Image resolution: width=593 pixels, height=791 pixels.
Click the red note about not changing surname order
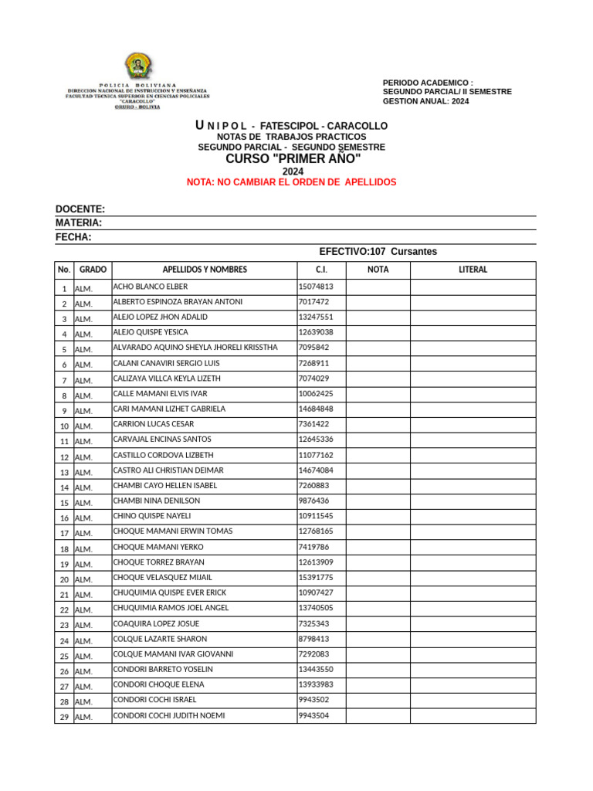pos(291,182)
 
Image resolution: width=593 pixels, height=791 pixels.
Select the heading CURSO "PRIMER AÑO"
pos(293,159)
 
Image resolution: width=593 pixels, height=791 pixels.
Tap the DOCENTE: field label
pos(80,209)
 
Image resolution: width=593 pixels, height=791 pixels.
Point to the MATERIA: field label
pos(79,223)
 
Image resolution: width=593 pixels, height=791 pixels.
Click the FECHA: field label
pos(73,237)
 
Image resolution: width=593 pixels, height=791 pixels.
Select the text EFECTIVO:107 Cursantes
pos(378,252)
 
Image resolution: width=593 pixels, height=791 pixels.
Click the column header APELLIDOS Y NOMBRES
pos(205,270)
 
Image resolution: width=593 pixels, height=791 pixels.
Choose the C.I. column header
pos(321,270)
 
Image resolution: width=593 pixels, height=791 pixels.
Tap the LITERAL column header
pos(473,270)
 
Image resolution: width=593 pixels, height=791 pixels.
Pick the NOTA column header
pos(378,270)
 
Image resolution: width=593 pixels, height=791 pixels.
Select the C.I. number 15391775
pos(316,578)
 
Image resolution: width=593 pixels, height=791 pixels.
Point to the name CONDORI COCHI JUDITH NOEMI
pos(169,715)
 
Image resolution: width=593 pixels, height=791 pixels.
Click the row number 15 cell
pos(64,503)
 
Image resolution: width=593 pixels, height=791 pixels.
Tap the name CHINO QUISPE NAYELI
pos(152,516)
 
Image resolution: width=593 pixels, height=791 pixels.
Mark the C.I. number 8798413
pos(313,639)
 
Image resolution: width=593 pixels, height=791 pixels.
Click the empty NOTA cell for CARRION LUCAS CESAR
pos(378,425)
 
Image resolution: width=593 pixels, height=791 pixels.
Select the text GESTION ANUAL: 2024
pos(425,101)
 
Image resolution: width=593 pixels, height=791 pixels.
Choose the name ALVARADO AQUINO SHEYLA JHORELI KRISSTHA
pos(195,348)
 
